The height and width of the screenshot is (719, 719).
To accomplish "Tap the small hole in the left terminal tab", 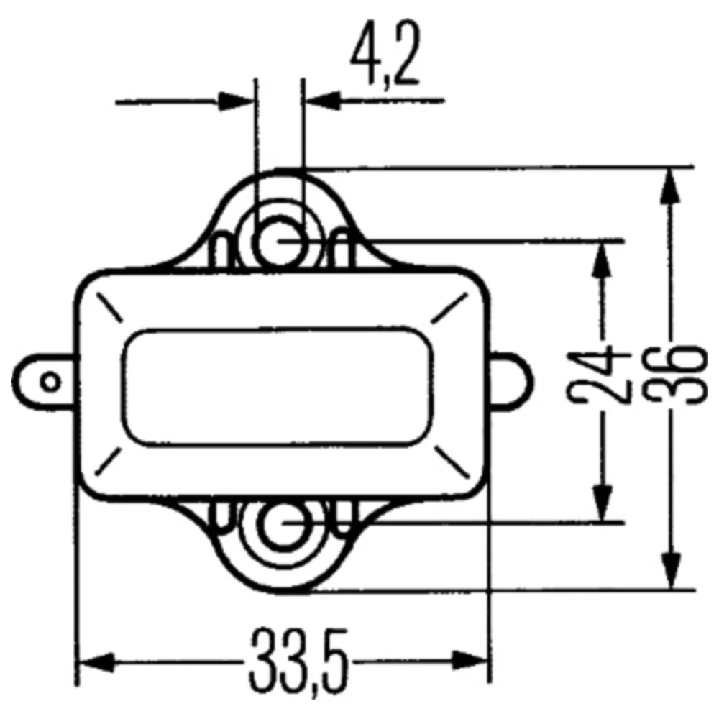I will (49, 381).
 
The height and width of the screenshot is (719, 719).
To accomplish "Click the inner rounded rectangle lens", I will (279, 387).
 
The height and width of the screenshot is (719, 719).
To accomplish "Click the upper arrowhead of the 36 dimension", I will (671, 188).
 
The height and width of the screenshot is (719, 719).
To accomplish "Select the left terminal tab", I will (45, 381).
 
